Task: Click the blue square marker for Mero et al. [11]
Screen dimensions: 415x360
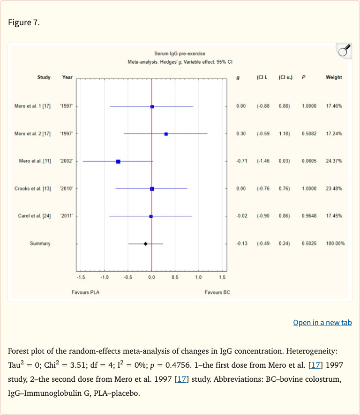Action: [118, 161]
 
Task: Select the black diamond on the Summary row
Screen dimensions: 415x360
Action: [145, 244]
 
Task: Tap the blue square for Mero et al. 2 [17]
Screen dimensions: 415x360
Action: [166, 134]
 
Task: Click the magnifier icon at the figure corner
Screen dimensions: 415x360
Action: [344, 51]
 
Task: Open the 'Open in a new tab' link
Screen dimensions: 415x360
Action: [322, 322]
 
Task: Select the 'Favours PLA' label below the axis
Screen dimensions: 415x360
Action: [85, 292]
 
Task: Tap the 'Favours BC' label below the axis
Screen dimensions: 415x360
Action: [217, 292]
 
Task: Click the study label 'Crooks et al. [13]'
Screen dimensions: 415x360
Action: [33, 188]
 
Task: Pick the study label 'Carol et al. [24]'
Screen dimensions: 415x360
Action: [34, 216]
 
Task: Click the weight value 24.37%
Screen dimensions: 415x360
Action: [334, 161]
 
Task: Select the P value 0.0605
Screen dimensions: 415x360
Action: [309, 161]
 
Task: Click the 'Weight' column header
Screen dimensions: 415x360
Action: [334, 77]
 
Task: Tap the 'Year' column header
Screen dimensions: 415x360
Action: [67, 77]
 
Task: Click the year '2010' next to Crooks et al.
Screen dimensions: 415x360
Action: [66, 188]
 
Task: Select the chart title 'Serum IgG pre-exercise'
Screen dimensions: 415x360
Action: [180, 54]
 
